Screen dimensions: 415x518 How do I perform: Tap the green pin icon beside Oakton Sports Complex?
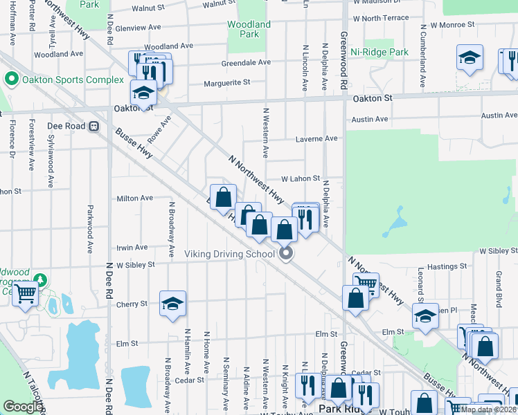[10, 80]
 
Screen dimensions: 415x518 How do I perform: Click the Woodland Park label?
[249, 29]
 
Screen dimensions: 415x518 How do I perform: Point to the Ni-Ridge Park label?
[379, 52]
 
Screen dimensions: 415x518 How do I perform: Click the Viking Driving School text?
[230, 254]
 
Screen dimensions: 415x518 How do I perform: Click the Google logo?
[22, 407]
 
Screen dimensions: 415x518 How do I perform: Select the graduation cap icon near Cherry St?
[173, 303]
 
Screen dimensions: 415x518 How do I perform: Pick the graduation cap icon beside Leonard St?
[425, 316]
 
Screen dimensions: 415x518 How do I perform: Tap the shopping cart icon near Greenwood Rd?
[366, 282]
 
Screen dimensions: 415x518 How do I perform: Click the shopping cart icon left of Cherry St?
[26, 293]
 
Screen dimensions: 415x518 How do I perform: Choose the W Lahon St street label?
[300, 178]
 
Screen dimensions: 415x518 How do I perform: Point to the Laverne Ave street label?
[316, 138]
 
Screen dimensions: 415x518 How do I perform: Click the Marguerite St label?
[226, 83]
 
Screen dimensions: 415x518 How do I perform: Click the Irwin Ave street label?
[132, 247]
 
